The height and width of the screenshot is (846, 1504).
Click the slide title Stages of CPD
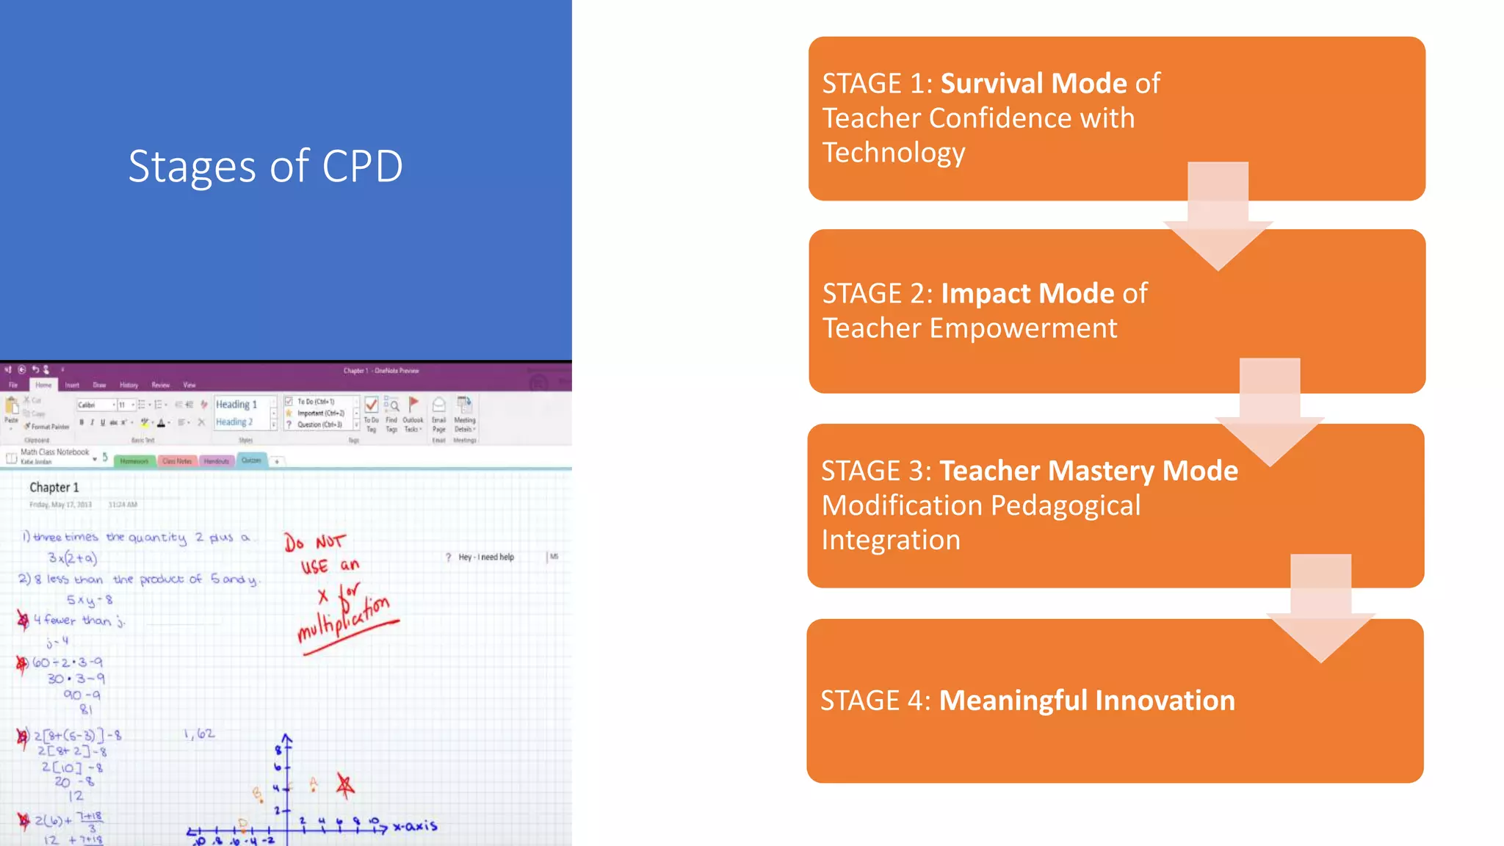tap(265, 166)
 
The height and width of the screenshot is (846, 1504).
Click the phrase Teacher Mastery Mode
tap(1088, 471)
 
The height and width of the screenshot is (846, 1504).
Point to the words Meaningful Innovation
tap(1087, 701)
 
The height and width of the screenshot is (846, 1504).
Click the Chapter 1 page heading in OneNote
tap(54, 488)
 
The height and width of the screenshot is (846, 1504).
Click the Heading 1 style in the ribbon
tap(236, 405)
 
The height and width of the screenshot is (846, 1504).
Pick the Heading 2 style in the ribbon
tap(234, 422)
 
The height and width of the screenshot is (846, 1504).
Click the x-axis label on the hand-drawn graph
tap(415, 826)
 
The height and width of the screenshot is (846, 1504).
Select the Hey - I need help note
tap(485, 557)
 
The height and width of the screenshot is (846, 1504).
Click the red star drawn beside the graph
tap(345, 786)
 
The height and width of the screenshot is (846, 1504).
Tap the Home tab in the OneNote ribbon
tap(43, 385)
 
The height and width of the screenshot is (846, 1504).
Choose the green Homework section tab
tap(134, 461)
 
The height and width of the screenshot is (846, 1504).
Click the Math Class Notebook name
tap(54, 452)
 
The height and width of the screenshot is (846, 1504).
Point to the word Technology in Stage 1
tap(893, 153)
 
